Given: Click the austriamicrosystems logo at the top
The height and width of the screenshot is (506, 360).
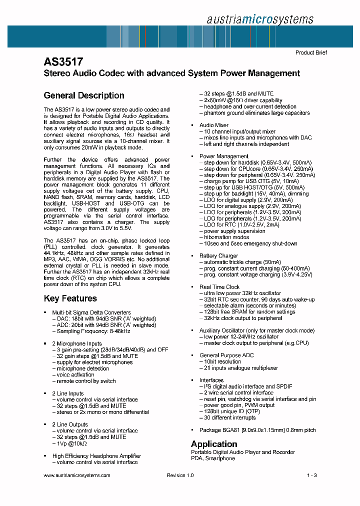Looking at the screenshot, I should pyautogui.click(x=259, y=19).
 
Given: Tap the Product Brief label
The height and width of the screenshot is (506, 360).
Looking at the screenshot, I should pyautogui.click(x=311, y=52).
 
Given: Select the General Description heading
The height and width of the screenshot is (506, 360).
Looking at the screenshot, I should pyautogui.click(x=84, y=95).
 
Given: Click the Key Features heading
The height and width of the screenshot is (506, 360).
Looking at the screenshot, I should pyautogui.click(x=70, y=298).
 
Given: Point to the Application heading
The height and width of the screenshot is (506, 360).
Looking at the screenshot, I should pyautogui.click(x=214, y=444).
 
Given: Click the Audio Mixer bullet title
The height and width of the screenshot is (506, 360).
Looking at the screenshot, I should pyautogui.click(x=214, y=125).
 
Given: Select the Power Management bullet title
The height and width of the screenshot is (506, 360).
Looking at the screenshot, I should pyautogui.click(x=223, y=156).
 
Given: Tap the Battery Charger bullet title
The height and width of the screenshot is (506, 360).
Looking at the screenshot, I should pyautogui.click(x=218, y=256).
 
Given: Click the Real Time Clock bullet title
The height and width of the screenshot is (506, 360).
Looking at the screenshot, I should pyautogui.click(x=219, y=287).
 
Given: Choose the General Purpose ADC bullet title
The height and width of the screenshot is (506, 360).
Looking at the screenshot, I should pyautogui.click(x=226, y=355).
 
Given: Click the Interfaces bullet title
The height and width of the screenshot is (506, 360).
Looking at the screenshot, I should pyautogui.click(x=212, y=380).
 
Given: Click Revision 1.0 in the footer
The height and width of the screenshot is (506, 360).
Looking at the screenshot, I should pyautogui.click(x=180, y=475).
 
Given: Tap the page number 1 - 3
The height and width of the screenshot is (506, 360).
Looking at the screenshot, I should pyautogui.click(x=312, y=475).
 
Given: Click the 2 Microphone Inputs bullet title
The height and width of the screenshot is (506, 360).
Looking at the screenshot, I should pyautogui.click(x=76, y=343).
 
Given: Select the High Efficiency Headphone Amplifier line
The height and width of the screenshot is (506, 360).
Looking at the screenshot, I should pyautogui.click(x=96, y=456).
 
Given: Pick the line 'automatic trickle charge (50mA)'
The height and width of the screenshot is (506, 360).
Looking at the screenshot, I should pyautogui.click(x=242, y=262).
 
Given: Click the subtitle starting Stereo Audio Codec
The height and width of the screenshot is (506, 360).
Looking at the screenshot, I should pyautogui.click(x=172, y=73).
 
